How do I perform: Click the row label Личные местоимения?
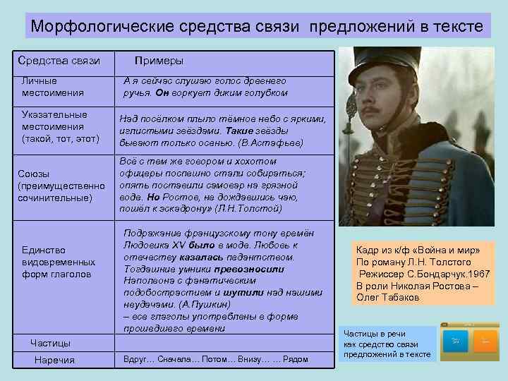click(53, 87)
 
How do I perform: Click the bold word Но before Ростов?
click(154, 198)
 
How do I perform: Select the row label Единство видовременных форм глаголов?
click(56, 262)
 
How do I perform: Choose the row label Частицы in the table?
click(50, 343)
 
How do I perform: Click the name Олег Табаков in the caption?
click(388, 297)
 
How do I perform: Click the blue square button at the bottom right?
click(455, 341)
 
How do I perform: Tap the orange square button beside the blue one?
click(484, 341)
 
